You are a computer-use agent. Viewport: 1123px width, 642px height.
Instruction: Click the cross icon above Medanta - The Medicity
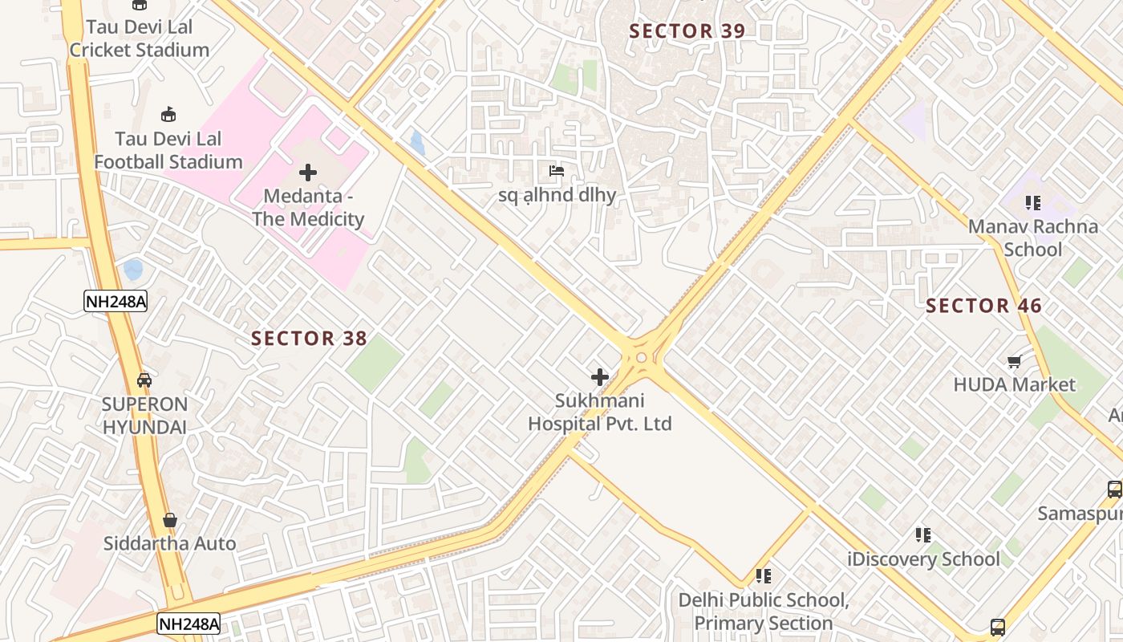pos(308,173)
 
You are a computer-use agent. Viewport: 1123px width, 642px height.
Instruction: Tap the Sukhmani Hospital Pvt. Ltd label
pos(599,412)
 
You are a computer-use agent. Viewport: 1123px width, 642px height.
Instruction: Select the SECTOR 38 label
pos(309,339)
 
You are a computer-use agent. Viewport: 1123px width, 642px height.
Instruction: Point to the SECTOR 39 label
pos(687,31)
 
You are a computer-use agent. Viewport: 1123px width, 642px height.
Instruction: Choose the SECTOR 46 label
pos(983,306)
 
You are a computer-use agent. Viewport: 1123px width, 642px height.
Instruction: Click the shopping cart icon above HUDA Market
pos(1014,362)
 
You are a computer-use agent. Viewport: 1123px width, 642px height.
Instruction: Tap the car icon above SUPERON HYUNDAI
pos(144,380)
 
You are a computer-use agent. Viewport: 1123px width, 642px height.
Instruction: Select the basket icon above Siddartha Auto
pos(169,521)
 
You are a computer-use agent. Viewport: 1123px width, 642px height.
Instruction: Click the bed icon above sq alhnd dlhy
pos(557,171)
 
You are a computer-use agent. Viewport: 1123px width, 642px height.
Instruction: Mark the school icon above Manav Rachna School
pos(1032,203)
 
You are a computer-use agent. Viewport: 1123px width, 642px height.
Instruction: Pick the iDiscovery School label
pos(924,559)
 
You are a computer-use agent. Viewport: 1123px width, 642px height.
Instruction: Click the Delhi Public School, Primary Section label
pos(763,612)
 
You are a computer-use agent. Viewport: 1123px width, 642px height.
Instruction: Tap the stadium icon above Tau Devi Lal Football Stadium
pos(168,115)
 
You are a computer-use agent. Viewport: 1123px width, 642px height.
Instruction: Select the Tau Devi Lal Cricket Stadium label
pos(140,38)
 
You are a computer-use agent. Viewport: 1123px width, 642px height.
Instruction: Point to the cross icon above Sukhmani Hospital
pos(599,377)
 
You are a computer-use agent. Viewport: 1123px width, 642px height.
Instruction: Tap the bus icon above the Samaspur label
pos(1114,489)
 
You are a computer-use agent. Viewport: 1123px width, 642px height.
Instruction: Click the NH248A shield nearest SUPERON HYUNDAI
pos(116,301)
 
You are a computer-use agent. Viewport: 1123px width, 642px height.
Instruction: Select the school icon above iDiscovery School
pos(923,534)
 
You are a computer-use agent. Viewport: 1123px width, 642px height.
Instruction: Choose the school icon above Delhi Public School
pos(763,576)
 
